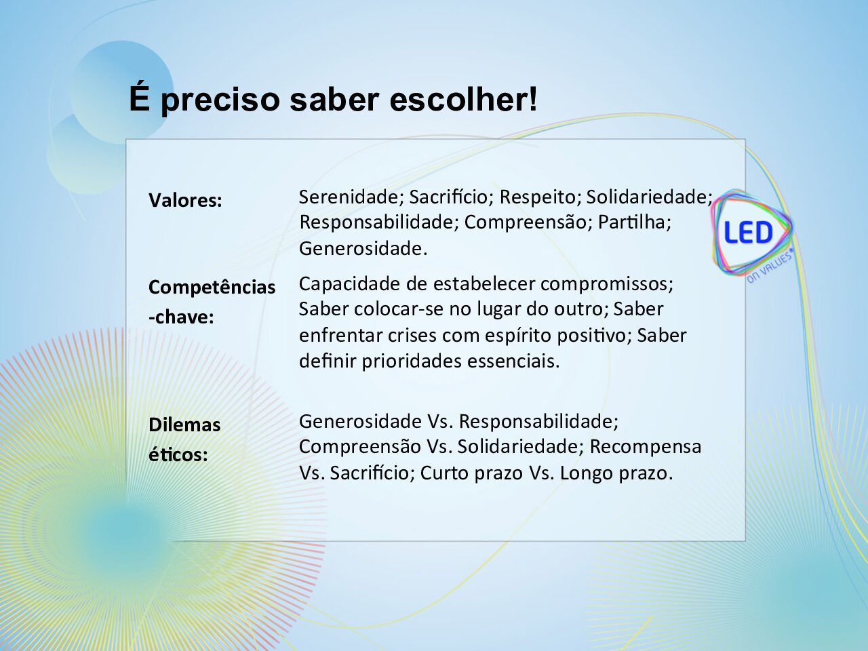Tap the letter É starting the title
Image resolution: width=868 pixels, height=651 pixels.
coord(140,96)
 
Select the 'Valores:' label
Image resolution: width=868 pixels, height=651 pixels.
coord(185,201)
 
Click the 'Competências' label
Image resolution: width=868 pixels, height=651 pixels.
coord(212,288)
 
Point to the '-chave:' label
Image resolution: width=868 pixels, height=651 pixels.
coord(181,317)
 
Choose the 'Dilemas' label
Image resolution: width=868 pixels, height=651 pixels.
coord(184,425)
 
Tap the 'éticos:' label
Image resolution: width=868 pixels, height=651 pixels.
coord(178,454)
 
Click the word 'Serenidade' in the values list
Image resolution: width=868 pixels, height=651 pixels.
coord(351,197)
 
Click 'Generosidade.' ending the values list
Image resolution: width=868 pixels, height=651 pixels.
coord(363,248)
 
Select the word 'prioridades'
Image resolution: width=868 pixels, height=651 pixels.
coord(412,361)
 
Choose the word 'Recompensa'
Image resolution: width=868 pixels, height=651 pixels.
coord(646,447)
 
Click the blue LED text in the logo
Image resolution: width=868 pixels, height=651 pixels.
coord(747,233)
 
